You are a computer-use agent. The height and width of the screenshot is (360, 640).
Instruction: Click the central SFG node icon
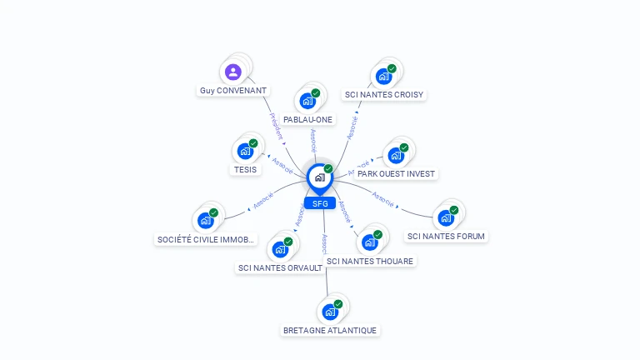[319, 177]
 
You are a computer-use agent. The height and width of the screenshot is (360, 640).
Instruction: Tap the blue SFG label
[319, 203]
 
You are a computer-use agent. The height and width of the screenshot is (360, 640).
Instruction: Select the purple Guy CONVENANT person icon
[233, 72]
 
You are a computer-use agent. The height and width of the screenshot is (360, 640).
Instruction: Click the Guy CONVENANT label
[233, 90]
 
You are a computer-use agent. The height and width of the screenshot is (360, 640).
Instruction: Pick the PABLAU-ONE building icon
[307, 102]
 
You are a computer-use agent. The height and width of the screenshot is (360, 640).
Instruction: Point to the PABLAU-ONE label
[307, 120]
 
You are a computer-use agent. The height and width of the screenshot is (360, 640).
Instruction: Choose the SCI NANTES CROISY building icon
[383, 77]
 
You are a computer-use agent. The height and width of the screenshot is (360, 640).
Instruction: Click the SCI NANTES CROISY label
[385, 95]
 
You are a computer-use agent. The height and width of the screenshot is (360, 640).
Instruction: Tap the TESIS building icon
[245, 152]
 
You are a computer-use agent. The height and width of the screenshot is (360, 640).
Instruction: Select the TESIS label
[245, 170]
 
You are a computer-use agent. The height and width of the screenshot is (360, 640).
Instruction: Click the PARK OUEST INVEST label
[396, 174]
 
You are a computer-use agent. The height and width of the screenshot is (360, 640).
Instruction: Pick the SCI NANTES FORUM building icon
[446, 218]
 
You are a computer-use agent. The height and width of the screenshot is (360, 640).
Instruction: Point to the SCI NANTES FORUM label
[446, 236]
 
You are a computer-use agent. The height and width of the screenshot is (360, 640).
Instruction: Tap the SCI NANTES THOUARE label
[370, 261]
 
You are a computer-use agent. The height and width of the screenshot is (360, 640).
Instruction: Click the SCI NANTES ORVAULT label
[280, 267]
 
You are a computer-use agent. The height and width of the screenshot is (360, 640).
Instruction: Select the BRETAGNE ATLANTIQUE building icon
[330, 312]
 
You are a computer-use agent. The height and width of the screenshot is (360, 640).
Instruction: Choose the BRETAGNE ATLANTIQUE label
[330, 330]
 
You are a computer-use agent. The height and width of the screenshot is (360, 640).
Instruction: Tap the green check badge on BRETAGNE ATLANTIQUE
[338, 304]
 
